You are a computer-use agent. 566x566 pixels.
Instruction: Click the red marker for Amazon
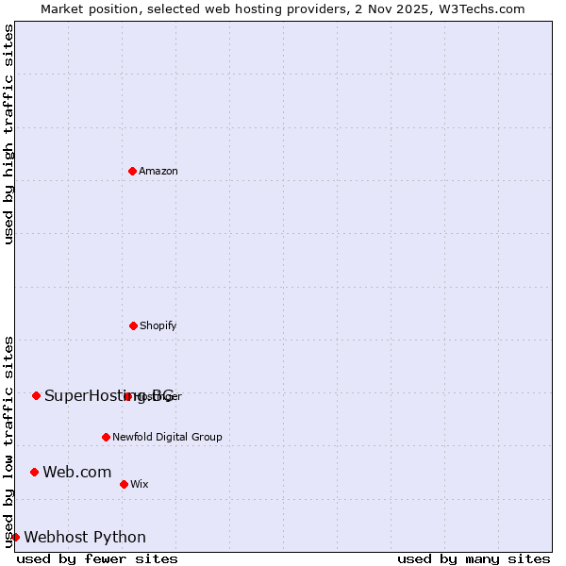click(132, 171)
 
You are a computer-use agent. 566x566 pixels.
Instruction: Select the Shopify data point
click(133, 325)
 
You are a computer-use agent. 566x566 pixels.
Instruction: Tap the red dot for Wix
click(124, 484)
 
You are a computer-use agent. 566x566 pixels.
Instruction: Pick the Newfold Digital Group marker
click(106, 437)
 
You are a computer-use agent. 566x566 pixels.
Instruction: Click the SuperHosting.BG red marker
click(36, 395)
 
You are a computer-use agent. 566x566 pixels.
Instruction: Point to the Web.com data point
click(34, 472)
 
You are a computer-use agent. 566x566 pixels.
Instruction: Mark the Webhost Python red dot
click(15, 537)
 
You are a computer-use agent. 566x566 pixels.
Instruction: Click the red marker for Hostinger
click(127, 396)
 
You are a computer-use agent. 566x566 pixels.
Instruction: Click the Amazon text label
click(158, 171)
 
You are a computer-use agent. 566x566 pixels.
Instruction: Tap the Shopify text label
click(158, 325)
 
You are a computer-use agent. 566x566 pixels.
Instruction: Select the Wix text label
click(140, 484)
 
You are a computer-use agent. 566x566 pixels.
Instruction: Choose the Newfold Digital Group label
click(167, 437)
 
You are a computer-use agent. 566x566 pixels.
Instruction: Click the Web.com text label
click(76, 472)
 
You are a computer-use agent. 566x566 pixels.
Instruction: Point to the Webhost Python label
click(85, 537)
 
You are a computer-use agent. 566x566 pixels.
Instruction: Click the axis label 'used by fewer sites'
click(97, 558)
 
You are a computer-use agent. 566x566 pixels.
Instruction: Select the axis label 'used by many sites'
click(474, 558)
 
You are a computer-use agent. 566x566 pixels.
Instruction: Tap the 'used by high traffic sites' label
click(8, 134)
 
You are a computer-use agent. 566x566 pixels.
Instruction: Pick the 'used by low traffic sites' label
click(8, 441)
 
